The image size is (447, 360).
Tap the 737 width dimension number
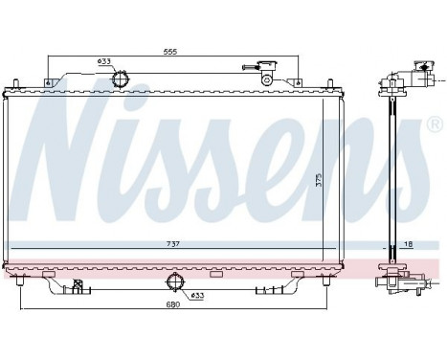click(x=172, y=246)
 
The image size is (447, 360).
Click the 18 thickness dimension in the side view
click(x=407, y=246)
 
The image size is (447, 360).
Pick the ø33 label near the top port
click(x=104, y=62)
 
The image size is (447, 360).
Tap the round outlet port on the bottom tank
click(x=174, y=281)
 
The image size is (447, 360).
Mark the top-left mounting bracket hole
click(x=47, y=80)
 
